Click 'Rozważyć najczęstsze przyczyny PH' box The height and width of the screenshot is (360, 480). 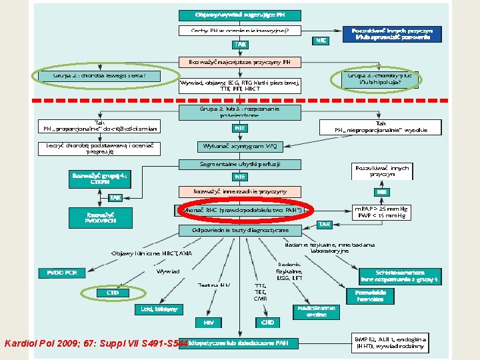pyautogui.click(x=240, y=62)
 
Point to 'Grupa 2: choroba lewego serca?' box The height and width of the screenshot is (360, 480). pyautogui.click(x=108, y=76)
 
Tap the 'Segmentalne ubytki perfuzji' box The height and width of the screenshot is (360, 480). pyautogui.click(x=240, y=163)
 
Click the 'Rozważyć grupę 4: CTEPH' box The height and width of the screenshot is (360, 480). pyautogui.click(x=99, y=179)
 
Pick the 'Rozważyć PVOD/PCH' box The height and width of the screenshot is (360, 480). pyautogui.click(x=99, y=217)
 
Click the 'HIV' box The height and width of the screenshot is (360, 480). pyautogui.click(x=208, y=322)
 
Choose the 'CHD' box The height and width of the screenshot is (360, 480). pyautogui.click(x=267, y=322)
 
